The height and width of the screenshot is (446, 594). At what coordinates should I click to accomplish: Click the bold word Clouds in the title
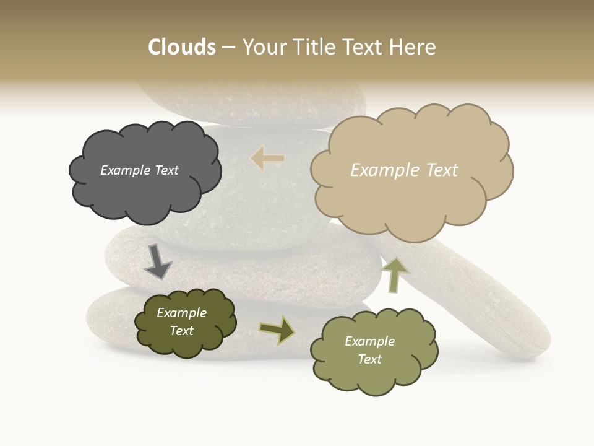pos(181,47)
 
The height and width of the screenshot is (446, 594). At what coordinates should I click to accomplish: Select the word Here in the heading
pos(413,47)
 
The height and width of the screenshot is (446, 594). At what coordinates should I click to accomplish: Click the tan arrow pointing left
pos(268,159)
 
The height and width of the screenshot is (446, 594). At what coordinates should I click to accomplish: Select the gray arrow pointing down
pos(157,261)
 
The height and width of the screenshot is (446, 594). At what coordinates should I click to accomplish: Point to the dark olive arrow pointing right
pos(277,330)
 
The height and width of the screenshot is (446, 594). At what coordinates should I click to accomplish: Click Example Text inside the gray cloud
pos(139,170)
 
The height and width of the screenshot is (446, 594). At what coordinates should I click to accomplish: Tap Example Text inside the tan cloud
pos(404,170)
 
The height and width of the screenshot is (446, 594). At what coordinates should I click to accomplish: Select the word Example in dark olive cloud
pos(181,313)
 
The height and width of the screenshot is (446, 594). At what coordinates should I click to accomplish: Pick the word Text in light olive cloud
pos(369,359)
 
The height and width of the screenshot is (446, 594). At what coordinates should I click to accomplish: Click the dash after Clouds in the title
pos(228,47)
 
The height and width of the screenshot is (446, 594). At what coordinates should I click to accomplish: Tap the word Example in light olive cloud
pos(369,341)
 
